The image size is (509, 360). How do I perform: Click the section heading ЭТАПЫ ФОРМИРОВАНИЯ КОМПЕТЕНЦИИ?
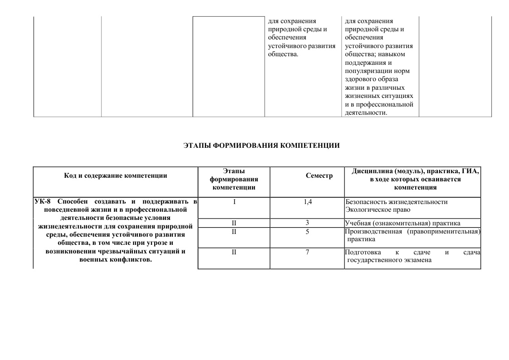pyautogui.click(x=262, y=146)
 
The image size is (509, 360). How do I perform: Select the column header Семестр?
pyautogui.click(x=319, y=176)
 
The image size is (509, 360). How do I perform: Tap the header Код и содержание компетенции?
pyautogui.click(x=116, y=176)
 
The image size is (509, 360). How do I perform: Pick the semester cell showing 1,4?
pyautogui.click(x=308, y=202)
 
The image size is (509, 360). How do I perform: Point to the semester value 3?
pyautogui.click(x=307, y=223)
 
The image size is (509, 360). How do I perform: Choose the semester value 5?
pyautogui.click(x=307, y=232)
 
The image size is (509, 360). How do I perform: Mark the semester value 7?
pyautogui.click(x=307, y=252)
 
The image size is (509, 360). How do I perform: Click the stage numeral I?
pyautogui.click(x=234, y=202)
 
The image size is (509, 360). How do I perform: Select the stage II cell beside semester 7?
pyautogui.click(x=234, y=252)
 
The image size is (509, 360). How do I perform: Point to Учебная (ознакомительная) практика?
pyautogui.click(x=402, y=223)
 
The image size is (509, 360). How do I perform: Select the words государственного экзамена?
pyautogui.click(x=389, y=260)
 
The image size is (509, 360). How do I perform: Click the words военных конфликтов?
pyautogui.click(x=115, y=260)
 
